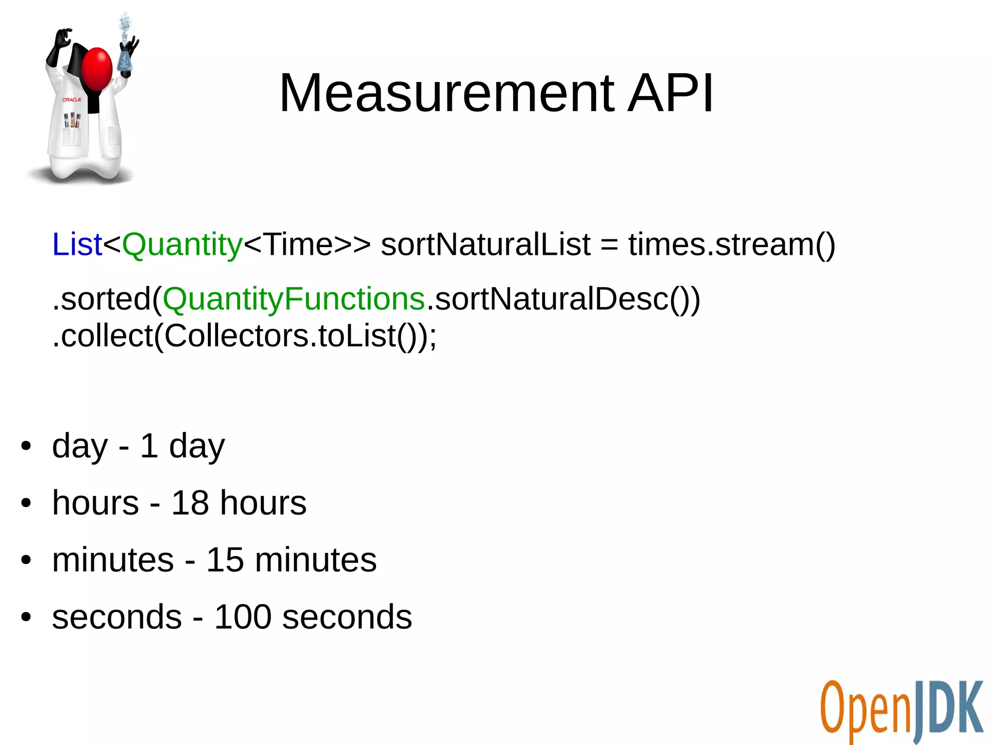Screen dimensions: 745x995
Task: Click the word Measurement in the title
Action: (447, 93)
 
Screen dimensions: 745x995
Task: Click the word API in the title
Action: (670, 93)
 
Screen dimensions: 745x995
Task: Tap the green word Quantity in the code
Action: (182, 245)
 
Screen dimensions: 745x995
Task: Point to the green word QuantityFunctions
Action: (294, 299)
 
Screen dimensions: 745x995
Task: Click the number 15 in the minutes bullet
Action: (225, 560)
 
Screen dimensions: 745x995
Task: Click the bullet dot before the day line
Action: (26, 446)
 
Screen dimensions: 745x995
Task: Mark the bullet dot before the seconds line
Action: (26, 617)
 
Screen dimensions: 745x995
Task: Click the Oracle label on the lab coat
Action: (72, 99)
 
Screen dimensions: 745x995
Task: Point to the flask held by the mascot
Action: (125, 58)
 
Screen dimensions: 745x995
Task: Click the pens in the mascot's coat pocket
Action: (72, 120)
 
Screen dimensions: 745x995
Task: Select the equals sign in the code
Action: (609, 245)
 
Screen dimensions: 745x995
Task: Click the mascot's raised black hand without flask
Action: (62, 39)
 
